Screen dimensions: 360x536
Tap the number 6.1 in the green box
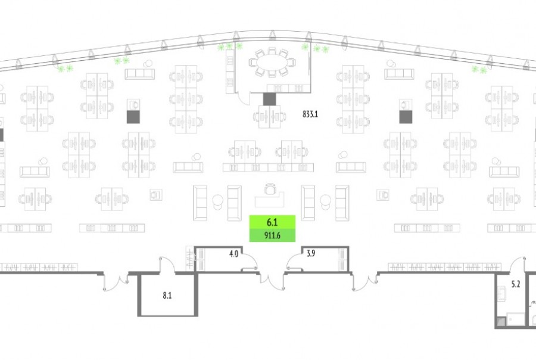point(272,222)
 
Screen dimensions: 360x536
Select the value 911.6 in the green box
point(272,236)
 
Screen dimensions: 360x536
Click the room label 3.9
point(310,254)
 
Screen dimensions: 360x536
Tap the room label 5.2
point(516,284)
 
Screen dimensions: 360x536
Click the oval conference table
point(272,62)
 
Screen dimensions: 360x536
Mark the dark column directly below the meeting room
point(270,99)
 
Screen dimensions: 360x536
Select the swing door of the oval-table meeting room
point(245,95)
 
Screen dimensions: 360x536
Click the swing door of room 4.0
point(251,263)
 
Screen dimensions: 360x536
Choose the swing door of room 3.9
point(294,263)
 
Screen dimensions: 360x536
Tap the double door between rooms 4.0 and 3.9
point(272,280)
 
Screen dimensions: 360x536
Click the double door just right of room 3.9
point(365,281)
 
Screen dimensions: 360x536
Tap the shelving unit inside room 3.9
point(342,259)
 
